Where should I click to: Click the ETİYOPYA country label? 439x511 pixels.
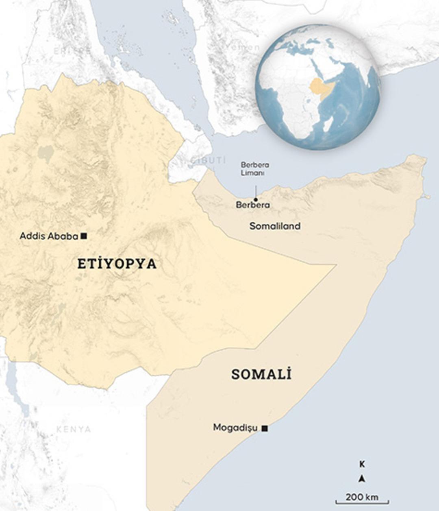[x=117, y=264]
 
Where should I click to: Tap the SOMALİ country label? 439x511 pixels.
[x=261, y=374]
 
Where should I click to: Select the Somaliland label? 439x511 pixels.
[x=275, y=226]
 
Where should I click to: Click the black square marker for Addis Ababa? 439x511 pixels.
[x=84, y=236]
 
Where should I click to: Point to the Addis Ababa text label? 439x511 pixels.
[x=49, y=236]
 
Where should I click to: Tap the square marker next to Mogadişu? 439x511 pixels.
[x=265, y=428]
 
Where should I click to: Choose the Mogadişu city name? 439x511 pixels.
[x=235, y=428]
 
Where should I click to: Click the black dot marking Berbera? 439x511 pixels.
[x=256, y=199]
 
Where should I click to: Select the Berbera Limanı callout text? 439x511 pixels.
[x=255, y=169]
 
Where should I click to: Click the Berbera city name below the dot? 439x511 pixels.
[x=252, y=205]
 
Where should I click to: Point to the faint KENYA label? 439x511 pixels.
[x=74, y=429]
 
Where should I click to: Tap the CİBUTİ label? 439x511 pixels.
[x=208, y=160]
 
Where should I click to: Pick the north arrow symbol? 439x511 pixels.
[x=362, y=479]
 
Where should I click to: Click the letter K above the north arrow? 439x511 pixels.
[x=362, y=464]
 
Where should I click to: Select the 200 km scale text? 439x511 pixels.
[x=362, y=497]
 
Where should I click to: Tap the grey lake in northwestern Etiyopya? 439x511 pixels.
[x=46, y=153]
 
